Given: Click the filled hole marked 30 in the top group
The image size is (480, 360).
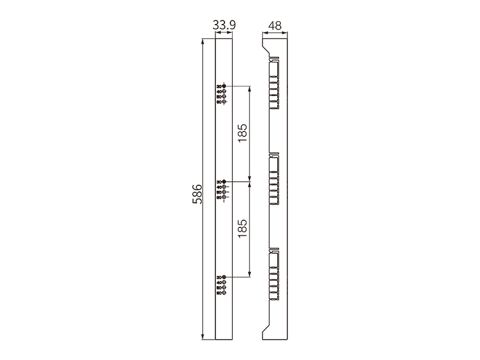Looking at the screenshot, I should click(x=224, y=86).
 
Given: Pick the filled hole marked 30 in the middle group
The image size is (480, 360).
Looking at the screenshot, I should click(x=224, y=182).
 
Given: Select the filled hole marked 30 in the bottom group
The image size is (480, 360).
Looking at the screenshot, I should click(x=224, y=277).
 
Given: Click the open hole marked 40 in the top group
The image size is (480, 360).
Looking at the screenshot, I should click(x=224, y=92).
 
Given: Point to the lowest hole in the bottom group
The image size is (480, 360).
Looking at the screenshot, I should click(x=224, y=293).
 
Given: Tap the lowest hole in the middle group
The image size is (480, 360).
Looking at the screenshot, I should click(x=224, y=197).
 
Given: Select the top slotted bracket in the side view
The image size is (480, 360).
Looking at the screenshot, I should click(x=274, y=84).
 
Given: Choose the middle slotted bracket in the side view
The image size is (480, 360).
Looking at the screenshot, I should click(x=274, y=179).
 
